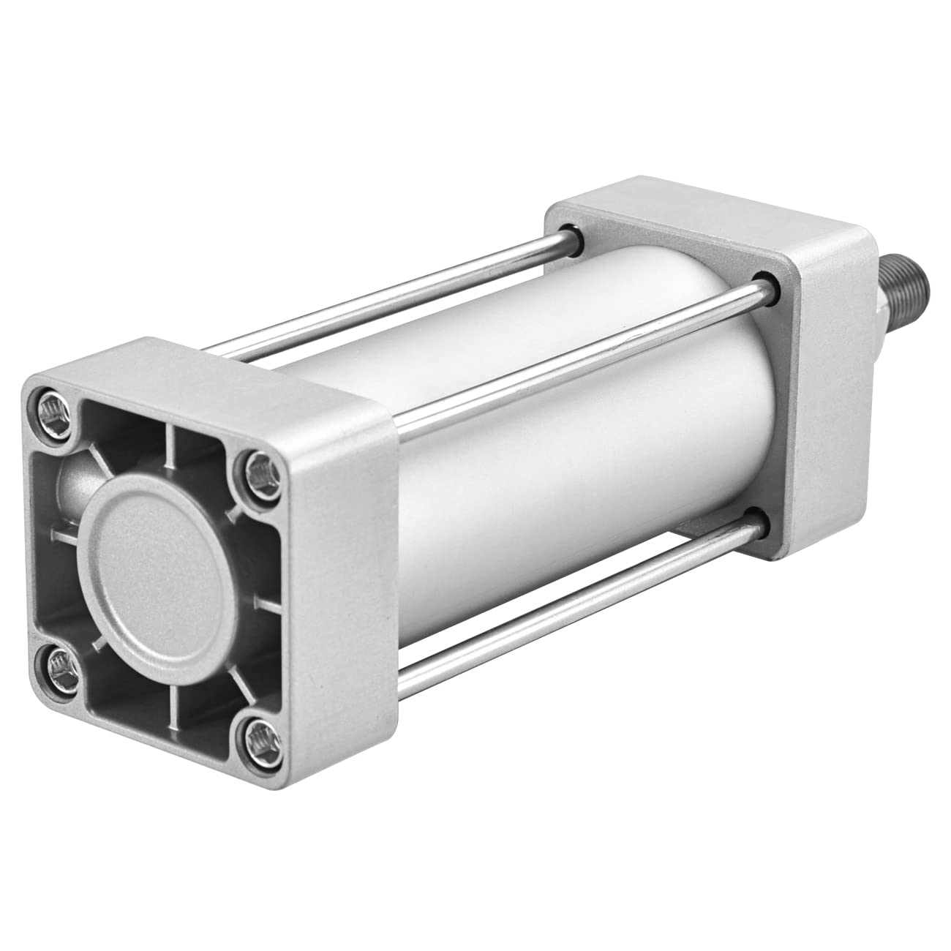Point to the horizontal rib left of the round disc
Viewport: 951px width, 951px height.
(64, 538)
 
